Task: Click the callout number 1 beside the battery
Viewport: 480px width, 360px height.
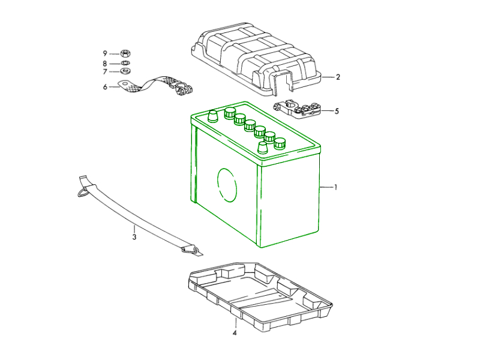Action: coord(336,188)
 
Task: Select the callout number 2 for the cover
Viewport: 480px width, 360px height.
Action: coord(338,77)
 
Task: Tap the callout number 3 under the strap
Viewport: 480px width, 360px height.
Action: coord(134,237)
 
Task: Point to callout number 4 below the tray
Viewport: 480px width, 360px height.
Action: coord(235,332)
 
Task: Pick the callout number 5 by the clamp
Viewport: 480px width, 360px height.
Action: coord(337,111)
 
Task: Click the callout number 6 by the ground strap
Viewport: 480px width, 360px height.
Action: coord(105,87)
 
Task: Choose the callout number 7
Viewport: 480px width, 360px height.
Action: coord(105,72)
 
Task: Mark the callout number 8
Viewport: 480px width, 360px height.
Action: coord(105,63)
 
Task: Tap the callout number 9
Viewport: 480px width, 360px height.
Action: coord(105,53)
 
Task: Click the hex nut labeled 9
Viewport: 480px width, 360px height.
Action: coord(126,53)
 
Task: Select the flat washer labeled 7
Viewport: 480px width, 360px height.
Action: coord(126,71)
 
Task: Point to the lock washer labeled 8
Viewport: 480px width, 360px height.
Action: coord(126,63)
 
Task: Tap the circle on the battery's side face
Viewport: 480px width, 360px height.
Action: coord(227,185)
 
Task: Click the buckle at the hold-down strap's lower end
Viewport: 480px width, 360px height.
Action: coord(193,249)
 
